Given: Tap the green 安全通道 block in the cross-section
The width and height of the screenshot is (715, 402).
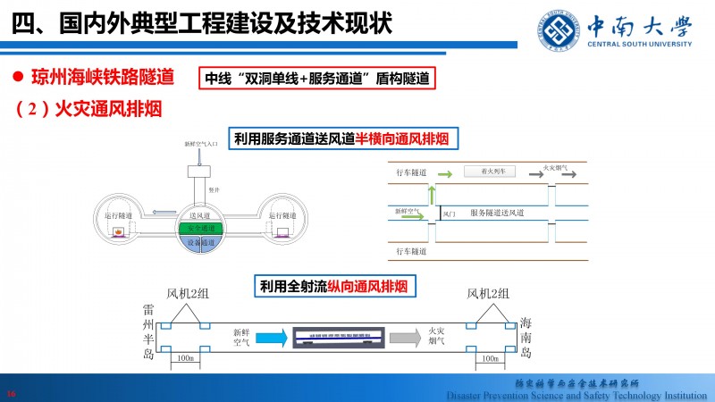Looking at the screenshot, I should pos(200,229).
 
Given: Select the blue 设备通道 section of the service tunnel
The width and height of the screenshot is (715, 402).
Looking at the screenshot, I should pos(200,242).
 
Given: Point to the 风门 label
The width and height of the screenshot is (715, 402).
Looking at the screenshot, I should pos(449,215).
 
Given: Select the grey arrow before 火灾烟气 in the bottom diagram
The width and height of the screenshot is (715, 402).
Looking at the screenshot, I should pos(405,337).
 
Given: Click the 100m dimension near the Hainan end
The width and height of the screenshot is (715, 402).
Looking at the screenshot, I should pos(490,357).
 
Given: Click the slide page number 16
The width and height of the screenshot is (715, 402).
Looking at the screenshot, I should pos(12,392).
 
